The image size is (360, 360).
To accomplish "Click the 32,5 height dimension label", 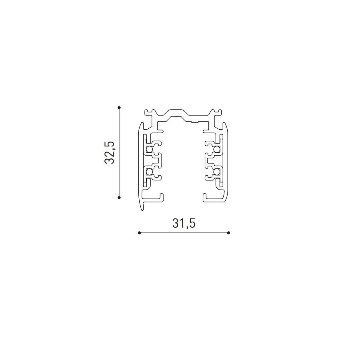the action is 109,152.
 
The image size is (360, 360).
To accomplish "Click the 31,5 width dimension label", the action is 184,223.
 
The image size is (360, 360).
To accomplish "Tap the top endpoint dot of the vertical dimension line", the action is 119,108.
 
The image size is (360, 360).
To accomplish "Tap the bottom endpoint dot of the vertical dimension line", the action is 119,197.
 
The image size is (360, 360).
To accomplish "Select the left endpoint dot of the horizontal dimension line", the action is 139,233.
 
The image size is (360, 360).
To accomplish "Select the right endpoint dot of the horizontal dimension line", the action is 228,233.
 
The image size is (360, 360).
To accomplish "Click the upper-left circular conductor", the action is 149,150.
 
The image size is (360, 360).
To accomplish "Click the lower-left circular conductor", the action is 149,172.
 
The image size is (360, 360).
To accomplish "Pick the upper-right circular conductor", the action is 216,150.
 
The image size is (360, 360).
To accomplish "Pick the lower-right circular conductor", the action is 216,172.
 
